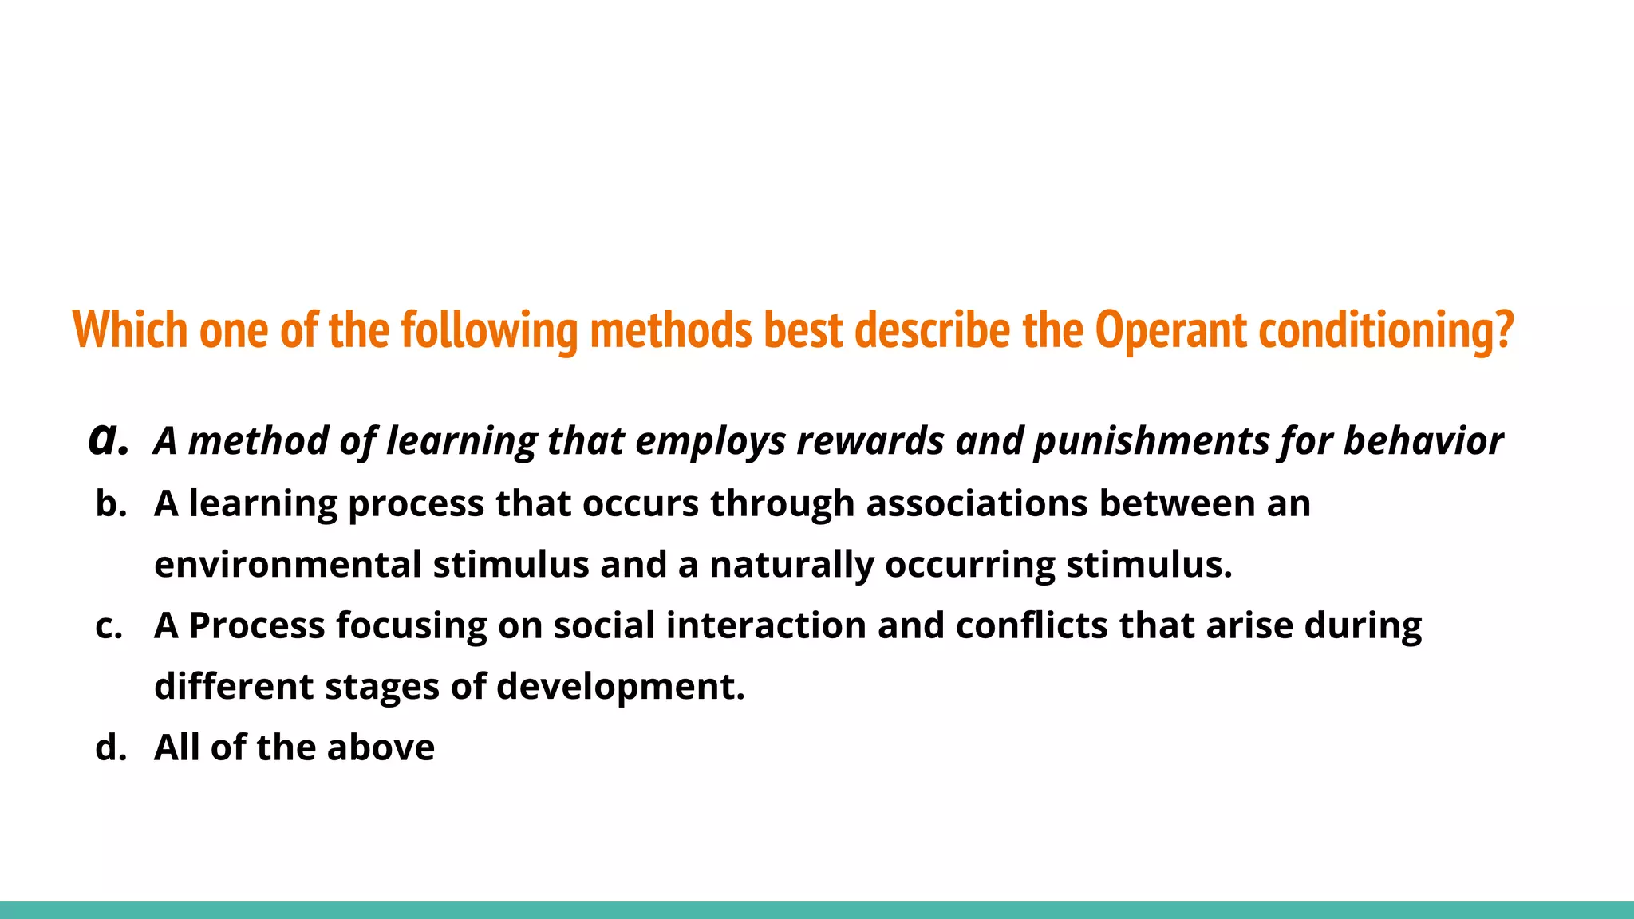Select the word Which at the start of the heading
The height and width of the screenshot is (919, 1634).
[x=130, y=329]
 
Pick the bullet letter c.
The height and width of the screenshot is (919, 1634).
[x=109, y=625]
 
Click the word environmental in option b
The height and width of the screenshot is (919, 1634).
[x=288, y=565]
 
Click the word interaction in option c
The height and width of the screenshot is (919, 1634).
[x=766, y=625]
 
